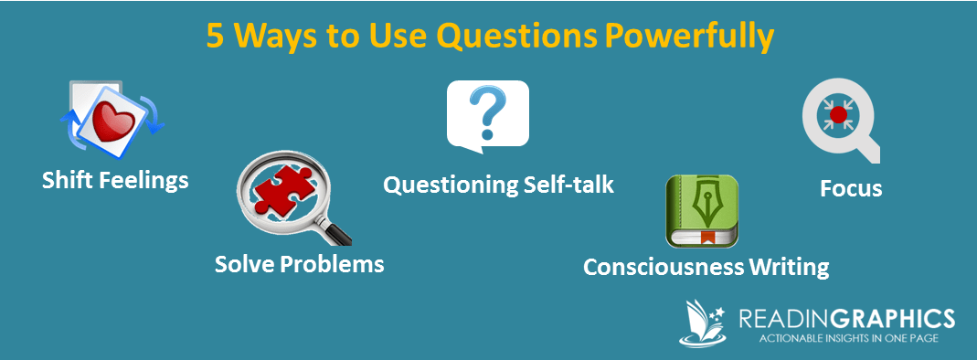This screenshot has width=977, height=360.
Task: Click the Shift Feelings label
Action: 115,181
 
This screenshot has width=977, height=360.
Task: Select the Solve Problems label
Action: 299,264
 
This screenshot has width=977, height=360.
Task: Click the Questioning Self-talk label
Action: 498,185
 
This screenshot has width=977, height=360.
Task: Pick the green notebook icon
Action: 702,210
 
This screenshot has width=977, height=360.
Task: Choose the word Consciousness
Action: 663,267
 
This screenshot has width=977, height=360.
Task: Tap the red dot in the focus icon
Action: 838,114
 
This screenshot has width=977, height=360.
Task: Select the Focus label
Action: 851,188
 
